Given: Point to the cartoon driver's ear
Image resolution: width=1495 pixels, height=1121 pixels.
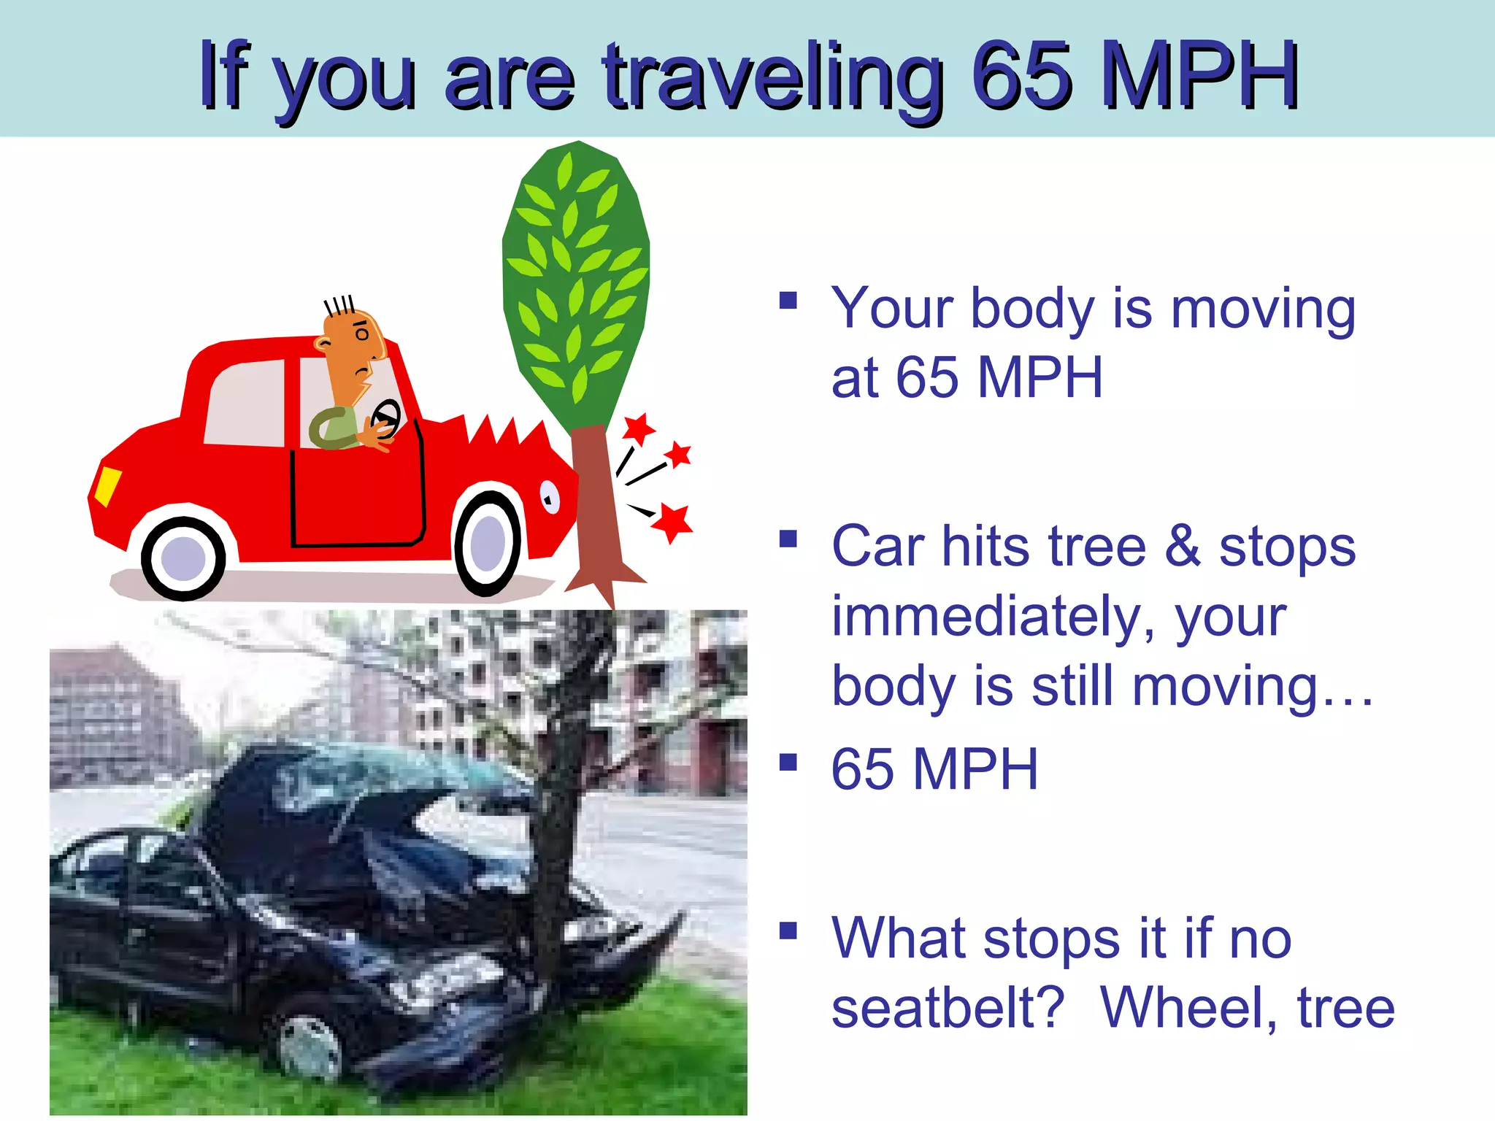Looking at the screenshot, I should click(x=323, y=343).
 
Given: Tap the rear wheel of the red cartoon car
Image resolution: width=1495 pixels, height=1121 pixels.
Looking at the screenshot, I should click(x=183, y=558).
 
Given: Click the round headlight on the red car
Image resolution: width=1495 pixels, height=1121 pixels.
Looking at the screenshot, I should click(x=549, y=498).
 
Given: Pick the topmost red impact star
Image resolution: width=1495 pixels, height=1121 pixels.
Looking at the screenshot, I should click(x=639, y=428).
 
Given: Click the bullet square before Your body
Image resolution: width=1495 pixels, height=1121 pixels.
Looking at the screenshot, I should click(x=788, y=301).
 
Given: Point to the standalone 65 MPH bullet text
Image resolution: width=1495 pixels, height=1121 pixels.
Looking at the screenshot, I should click(x=934, y=769).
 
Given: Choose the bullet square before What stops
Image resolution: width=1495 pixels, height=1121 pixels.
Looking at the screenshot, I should click(x=788, y=931).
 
